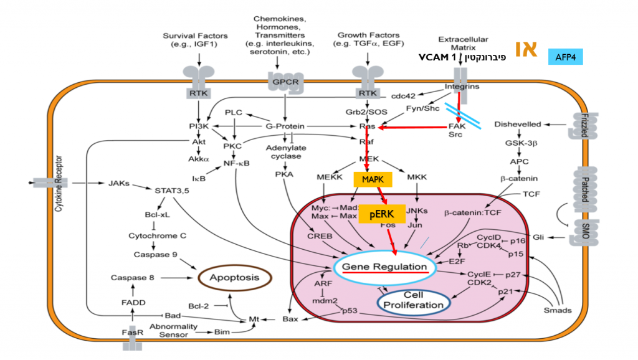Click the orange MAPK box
pyautogui.click(x=373, y=179)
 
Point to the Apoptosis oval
pyautogui.click(x=234, y=278)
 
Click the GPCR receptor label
pyautogui.click(x=283, y=81)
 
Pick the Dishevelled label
pyautogui.click(x=517, y=125)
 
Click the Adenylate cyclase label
pyautogui.click(x=283, y=152)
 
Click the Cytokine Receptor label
pyautogui.click(x=60, y=184)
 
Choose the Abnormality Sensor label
pyautogui.click(x=174, y=330)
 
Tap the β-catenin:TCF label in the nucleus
pyautogui.click(x=473, y=213)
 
